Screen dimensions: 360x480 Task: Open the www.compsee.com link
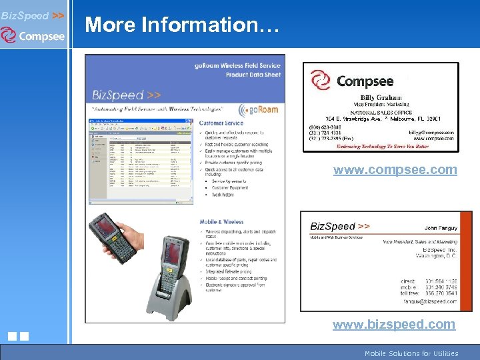395,169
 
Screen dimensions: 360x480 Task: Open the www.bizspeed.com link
395,324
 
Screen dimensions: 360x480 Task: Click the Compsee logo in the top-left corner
33,35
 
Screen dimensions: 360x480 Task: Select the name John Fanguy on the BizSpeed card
441,228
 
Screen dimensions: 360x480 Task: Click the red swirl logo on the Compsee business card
321,81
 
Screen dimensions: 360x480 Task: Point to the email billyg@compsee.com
431,133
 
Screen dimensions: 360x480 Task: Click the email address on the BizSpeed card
431,301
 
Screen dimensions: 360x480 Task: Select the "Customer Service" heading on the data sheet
221,123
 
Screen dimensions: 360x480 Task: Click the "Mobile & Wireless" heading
222,222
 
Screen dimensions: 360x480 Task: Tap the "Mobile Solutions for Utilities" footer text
411,353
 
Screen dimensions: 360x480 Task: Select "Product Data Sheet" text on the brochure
253,75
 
